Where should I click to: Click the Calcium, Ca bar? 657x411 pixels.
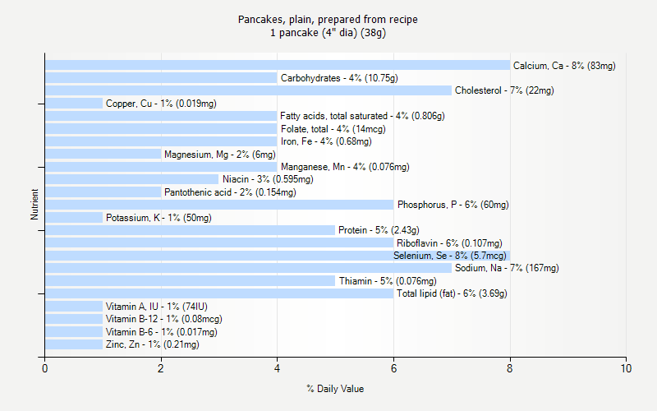(278, 65)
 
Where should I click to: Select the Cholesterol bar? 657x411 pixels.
(248, 90)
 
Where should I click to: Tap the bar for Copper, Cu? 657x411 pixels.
(74, 104)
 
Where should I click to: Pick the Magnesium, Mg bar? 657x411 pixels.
(103, 154)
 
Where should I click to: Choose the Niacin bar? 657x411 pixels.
(132, 179)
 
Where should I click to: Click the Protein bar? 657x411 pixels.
(190, 230)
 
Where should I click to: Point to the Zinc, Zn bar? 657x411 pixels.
(74, 344)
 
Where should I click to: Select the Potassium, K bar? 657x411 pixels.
(74, 218)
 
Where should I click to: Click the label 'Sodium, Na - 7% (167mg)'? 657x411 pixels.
(507, 268)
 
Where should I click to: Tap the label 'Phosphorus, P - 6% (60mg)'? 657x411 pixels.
(453, 205)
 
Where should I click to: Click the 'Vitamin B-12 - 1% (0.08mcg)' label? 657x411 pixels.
(163, 319)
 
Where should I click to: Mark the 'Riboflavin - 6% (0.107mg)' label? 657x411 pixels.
(449, 243)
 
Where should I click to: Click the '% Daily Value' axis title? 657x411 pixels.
(335, 389)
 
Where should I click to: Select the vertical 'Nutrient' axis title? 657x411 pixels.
(34, 205)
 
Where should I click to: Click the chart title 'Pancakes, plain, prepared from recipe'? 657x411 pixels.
(328, 19)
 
